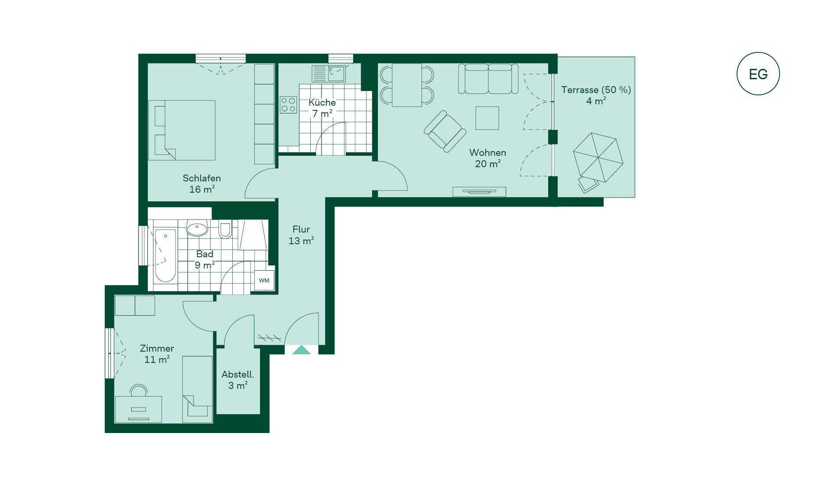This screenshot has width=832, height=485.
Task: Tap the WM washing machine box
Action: tap(264, 280)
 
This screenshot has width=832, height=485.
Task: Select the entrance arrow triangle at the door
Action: tap(302, 349)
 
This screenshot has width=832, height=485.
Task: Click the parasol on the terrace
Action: tap(598, 157)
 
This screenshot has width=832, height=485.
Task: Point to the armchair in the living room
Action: tap(445, 131)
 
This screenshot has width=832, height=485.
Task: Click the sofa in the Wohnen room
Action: tap(488, 79)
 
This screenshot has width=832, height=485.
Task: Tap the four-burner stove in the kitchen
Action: tap(288, 104)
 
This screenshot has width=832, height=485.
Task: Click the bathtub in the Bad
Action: tap(165, 255)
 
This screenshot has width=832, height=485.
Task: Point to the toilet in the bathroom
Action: tap(225, 229)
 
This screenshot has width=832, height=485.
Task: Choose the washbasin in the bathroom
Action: tap(198, 229)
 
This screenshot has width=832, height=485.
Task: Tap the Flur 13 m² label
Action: tap(301, 235)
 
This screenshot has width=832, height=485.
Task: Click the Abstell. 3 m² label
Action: tap(238, 380)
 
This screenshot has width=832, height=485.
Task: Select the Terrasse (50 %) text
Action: tap(596, 90)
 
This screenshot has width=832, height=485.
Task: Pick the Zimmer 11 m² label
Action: tap(157, 354)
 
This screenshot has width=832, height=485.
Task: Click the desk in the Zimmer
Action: tap(138, 409)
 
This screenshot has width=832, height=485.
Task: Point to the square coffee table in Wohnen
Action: tap(487, 118)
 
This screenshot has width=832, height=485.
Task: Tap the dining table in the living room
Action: tap(407, 85)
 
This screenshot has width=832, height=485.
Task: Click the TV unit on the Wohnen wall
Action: tap(479, 191)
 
